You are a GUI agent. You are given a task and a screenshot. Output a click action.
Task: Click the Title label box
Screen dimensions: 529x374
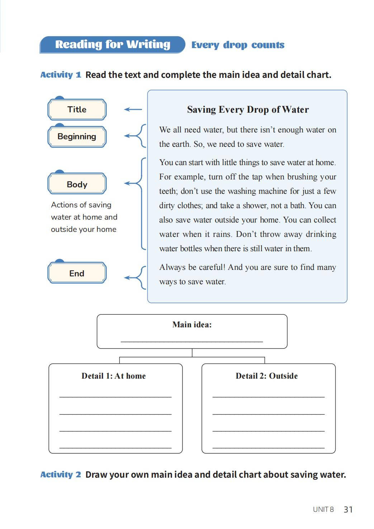coord(77,109)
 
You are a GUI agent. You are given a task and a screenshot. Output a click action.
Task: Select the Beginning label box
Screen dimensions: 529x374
coord(77,136)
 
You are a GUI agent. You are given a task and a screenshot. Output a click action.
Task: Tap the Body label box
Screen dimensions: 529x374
coord(77,184)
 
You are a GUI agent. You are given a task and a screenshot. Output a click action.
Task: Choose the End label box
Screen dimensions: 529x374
coord(77,273)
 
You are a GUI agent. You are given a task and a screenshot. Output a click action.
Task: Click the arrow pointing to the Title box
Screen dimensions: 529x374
coord(133,109)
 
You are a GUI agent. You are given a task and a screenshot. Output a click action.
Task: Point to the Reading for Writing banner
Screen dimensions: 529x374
coord(113,45)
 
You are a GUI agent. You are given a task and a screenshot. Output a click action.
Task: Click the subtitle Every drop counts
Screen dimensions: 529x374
coord(238,45)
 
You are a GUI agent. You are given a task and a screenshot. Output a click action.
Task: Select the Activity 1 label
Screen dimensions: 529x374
coord(61,75)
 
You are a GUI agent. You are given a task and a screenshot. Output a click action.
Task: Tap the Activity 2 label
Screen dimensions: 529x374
coord(61,474)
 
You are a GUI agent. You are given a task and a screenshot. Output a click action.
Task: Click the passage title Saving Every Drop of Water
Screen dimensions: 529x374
coord(248,109)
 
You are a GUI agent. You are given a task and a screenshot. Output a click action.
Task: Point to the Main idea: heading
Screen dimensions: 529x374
coord(192,325)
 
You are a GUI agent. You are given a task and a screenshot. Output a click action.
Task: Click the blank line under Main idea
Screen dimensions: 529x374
coord(192,341)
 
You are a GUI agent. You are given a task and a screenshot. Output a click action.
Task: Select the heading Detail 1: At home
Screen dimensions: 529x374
coord(114,376)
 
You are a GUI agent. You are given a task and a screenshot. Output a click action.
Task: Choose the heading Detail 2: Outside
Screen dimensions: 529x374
coord(267,376)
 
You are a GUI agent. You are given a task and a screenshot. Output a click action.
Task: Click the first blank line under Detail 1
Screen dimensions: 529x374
coord(115,396)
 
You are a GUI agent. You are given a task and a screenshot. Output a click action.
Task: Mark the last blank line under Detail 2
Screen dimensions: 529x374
coord(269,447)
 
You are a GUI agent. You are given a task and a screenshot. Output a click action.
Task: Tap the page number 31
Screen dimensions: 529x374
coord(348,510)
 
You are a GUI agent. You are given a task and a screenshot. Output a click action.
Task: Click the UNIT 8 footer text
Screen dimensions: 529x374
coord(323,510)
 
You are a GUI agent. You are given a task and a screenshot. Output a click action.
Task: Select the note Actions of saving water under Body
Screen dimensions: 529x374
coord(84,217)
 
